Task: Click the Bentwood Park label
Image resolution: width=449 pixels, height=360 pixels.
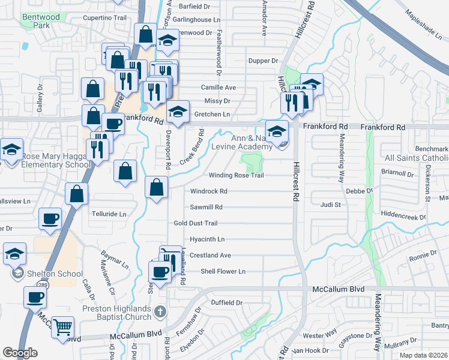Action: tap(41, 22)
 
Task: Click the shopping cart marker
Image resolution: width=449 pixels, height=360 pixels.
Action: tap(62, 328)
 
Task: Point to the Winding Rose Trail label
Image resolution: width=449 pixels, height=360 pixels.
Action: tap(236, 176)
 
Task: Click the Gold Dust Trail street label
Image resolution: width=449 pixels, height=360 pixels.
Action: tap(195, 223)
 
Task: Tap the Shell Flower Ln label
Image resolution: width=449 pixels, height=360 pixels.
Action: tap(223, 272)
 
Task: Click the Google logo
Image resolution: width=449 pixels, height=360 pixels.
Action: tap(20, 353)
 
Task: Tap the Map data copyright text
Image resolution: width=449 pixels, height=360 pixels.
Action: tap(423, 355)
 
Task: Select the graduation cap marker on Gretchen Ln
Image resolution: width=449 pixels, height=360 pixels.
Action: tap(178, 111)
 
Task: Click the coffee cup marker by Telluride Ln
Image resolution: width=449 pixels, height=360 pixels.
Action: tap(50, 219)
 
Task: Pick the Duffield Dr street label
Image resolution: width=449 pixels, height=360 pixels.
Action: tap(226, 303)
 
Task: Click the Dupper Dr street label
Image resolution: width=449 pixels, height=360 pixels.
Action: tap(264, 61)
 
